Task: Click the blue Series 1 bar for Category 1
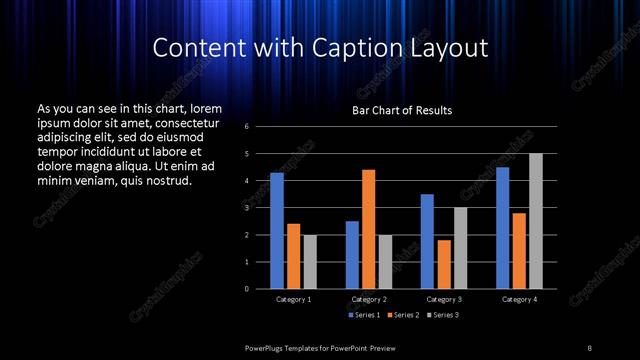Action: tap(277, 230)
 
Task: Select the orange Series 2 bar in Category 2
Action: tap(368, 229)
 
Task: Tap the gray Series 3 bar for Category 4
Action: tap(535, 221)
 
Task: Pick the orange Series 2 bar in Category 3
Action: tap(443, 264)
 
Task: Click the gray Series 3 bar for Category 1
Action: tap(309, 261)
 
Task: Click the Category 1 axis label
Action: tap(293, 299)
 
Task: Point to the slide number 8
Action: tap(589, 347)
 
